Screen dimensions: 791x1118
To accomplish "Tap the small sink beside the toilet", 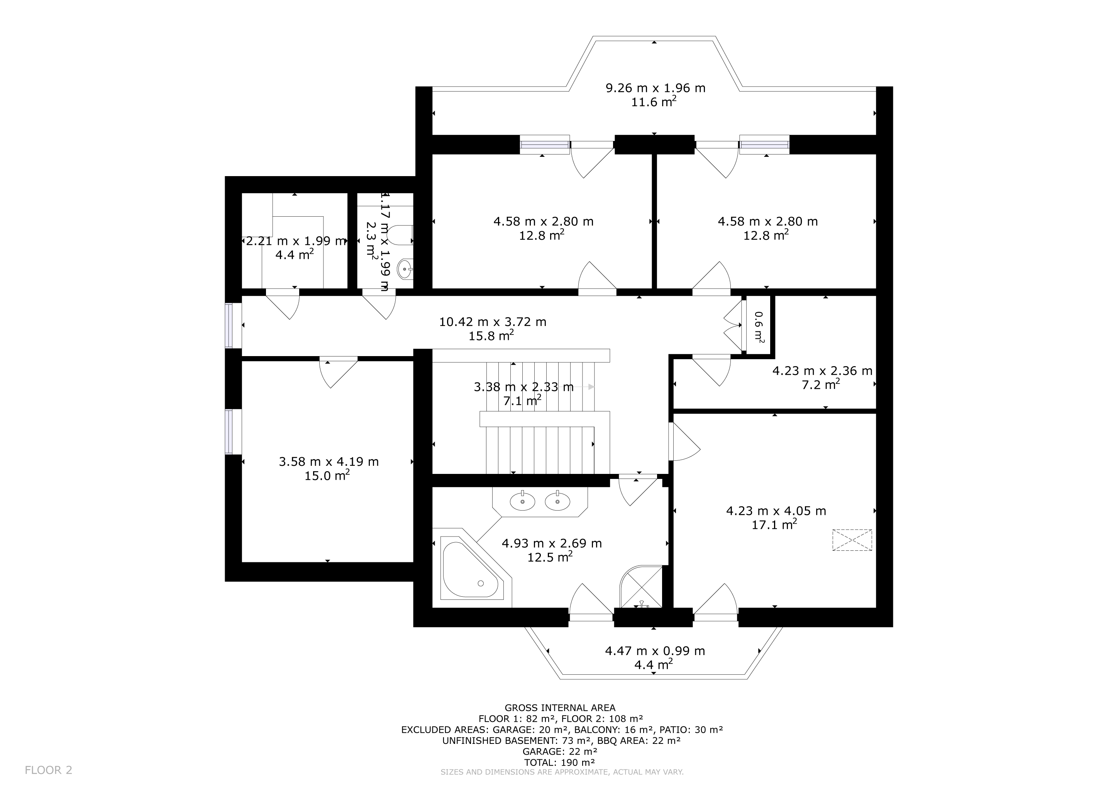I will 405,268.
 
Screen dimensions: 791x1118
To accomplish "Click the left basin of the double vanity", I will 522,501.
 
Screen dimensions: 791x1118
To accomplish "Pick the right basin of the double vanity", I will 557,501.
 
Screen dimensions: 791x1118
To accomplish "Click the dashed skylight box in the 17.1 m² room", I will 852,540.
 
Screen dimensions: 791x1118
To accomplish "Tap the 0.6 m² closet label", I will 759,326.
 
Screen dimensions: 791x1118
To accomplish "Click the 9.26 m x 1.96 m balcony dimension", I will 655,88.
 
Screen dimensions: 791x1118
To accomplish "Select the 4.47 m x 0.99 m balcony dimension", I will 655,651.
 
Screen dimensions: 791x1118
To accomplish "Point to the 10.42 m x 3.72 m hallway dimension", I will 492,322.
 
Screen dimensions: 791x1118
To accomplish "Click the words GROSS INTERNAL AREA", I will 559,708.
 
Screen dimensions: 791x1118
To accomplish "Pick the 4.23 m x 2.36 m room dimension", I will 822,371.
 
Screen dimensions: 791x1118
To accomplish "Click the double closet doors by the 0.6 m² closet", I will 733,326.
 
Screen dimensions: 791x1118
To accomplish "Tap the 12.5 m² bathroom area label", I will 550,557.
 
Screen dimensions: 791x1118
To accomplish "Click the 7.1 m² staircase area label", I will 522,401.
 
